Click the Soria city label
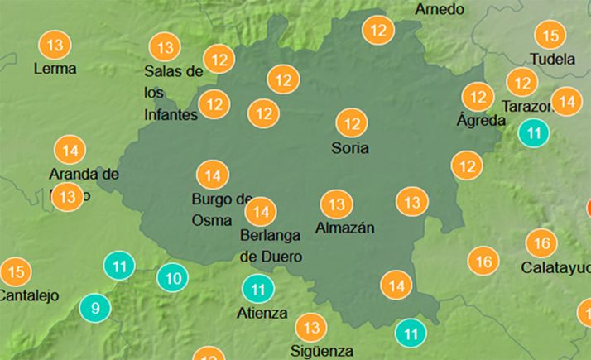(349, 149)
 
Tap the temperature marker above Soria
(351, 123)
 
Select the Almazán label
(345, 227)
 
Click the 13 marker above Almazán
(336, 204)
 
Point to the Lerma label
(55, 69)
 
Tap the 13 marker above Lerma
(55, 44)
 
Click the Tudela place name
(551, 60)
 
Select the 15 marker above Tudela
(550, 35)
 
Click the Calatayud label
(555, 268)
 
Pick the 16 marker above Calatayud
(541, 243)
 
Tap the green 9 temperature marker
(95, 309)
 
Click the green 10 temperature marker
(172, 277)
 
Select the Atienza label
(262, 314)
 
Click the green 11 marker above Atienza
(257, 290)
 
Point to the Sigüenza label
(323, 351)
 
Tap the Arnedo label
(440, 9)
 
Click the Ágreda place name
(481, 121)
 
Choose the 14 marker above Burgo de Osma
(213, 175)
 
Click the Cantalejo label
(26, 295)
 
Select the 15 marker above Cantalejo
(15, 271)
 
